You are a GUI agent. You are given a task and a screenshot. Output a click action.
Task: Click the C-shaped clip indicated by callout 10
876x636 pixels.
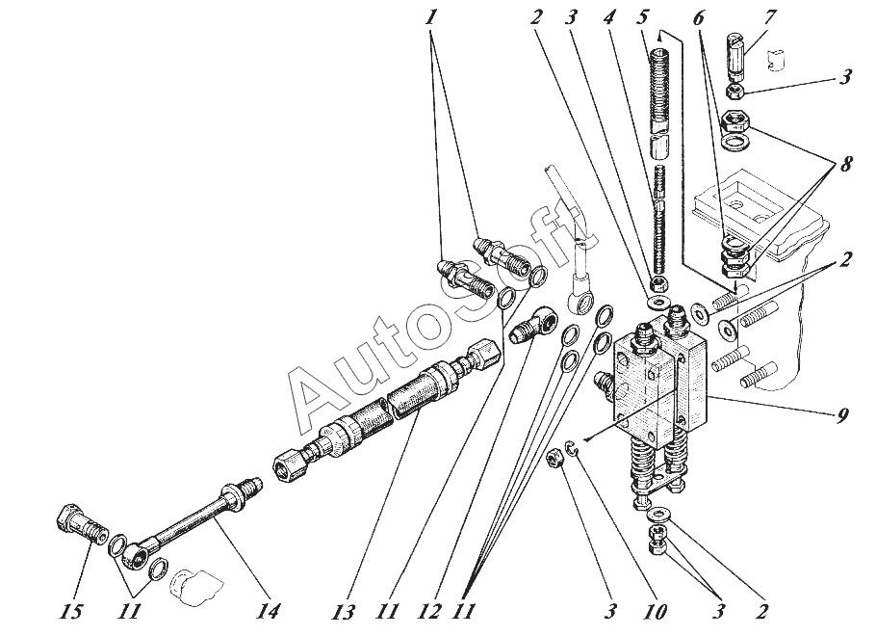[x=571, y=446]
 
